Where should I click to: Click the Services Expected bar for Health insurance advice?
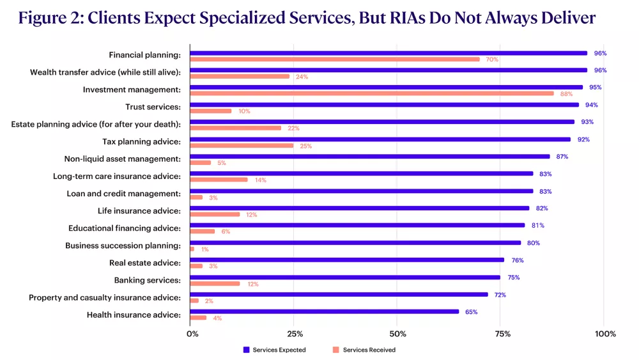point(324,311)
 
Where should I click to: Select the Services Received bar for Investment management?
point(372,93)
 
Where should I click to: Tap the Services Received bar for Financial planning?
point(335,59)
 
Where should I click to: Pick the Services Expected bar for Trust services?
point(384,105)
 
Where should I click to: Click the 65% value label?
point(471,312)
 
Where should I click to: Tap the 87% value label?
point(562,157)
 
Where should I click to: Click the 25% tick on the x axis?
point(294,334)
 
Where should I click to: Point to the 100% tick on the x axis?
point(604,334)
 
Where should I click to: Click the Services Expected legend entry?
point(275,350)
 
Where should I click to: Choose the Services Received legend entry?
point(364,350)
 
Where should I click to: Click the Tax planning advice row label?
point(141,141)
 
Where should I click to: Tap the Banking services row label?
point(147,280)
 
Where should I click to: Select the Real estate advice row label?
point(145,263)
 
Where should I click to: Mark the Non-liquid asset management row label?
point(122,159)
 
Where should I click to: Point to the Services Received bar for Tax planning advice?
point(242,145)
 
